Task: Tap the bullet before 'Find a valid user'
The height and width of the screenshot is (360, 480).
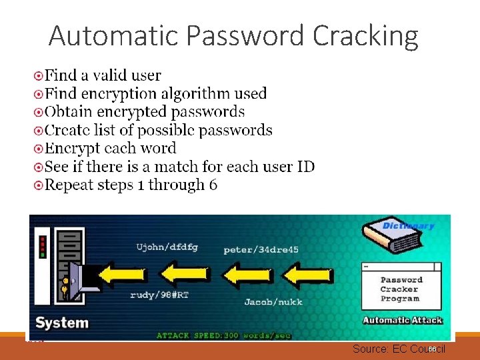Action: [x=39, y=76]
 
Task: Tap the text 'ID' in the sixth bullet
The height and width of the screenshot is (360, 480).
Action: [x=305, y=166]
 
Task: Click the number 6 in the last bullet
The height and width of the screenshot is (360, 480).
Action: [x=213, y=185]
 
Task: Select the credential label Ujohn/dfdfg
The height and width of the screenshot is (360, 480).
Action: [x=167, y=247]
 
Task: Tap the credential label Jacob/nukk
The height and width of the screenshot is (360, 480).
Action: [x=273, y=302]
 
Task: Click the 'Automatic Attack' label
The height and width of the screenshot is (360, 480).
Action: [x=403, y=320]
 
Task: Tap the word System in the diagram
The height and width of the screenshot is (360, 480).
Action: [x=62, y=323]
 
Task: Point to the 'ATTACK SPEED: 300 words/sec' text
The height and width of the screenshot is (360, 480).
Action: [x=223, y=335]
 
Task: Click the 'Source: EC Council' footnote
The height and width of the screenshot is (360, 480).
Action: [x=398, y=349]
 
